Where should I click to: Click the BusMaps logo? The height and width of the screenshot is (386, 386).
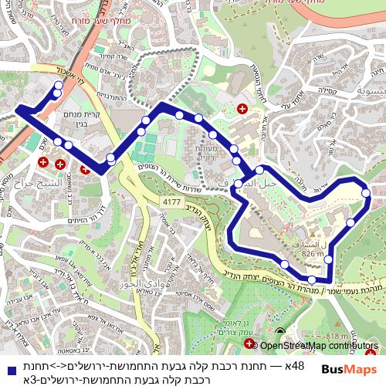(349, 370)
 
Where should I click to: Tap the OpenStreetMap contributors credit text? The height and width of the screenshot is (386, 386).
(318, 346)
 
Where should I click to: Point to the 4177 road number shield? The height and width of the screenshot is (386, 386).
(171, 201)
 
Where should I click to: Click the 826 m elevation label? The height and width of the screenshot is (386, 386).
(313, 253)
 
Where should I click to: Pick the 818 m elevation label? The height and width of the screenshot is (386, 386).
(340, 336)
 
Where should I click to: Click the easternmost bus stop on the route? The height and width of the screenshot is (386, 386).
(367, 193)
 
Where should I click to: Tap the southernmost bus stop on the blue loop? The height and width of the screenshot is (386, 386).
(311, 279)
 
